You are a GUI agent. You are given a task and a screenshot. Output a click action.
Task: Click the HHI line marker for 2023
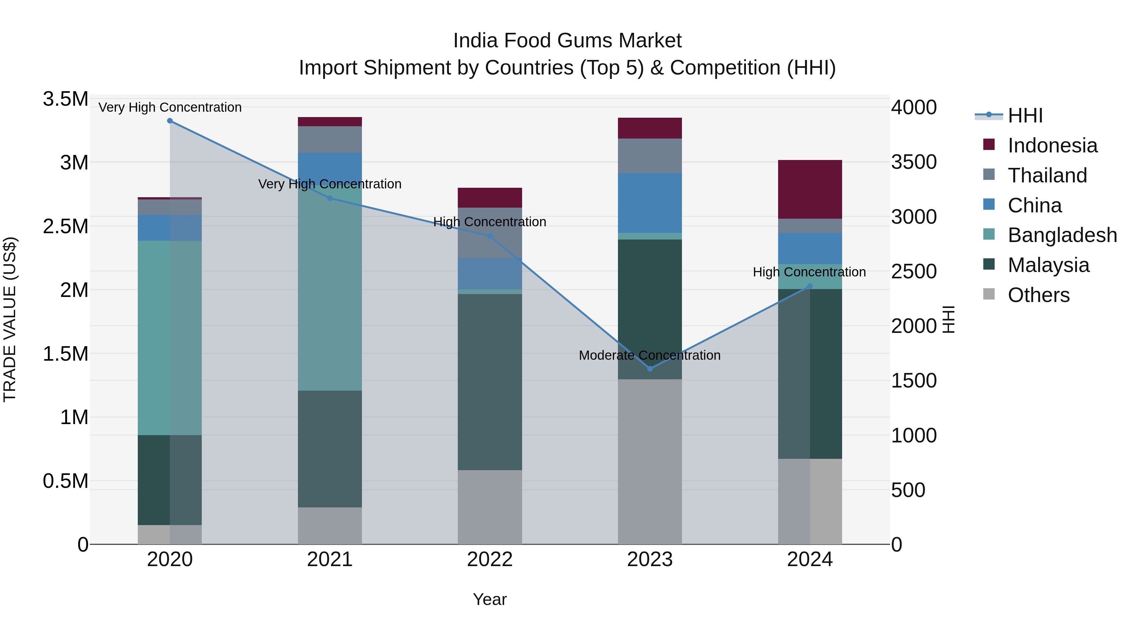tap(649, 369)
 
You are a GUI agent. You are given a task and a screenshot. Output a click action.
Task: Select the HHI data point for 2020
tap(170, 121)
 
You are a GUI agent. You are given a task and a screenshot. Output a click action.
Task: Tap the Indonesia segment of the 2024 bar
tap(810, 189)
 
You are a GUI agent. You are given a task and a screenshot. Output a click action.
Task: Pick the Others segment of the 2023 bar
tap(649, 461)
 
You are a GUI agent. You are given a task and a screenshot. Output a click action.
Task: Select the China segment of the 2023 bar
tap(649, 203)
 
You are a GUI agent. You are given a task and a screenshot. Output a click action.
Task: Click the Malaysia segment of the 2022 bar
tap(490, 382)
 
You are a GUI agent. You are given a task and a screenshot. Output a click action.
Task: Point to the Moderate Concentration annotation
tap(649, 355)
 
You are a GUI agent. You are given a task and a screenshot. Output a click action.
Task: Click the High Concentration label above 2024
tap(809, 272)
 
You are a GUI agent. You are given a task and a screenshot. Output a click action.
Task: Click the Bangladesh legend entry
tap(1062, 235)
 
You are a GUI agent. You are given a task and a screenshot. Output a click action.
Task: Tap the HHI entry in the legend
tap(1025, 115)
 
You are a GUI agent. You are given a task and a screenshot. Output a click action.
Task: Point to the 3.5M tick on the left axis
tap(65, 99)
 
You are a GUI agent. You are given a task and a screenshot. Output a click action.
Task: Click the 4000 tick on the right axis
tap(913, 107)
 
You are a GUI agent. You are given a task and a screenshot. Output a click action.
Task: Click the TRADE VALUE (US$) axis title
tap(10, 319)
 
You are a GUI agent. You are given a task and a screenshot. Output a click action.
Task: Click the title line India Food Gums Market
tap(567, 41)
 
